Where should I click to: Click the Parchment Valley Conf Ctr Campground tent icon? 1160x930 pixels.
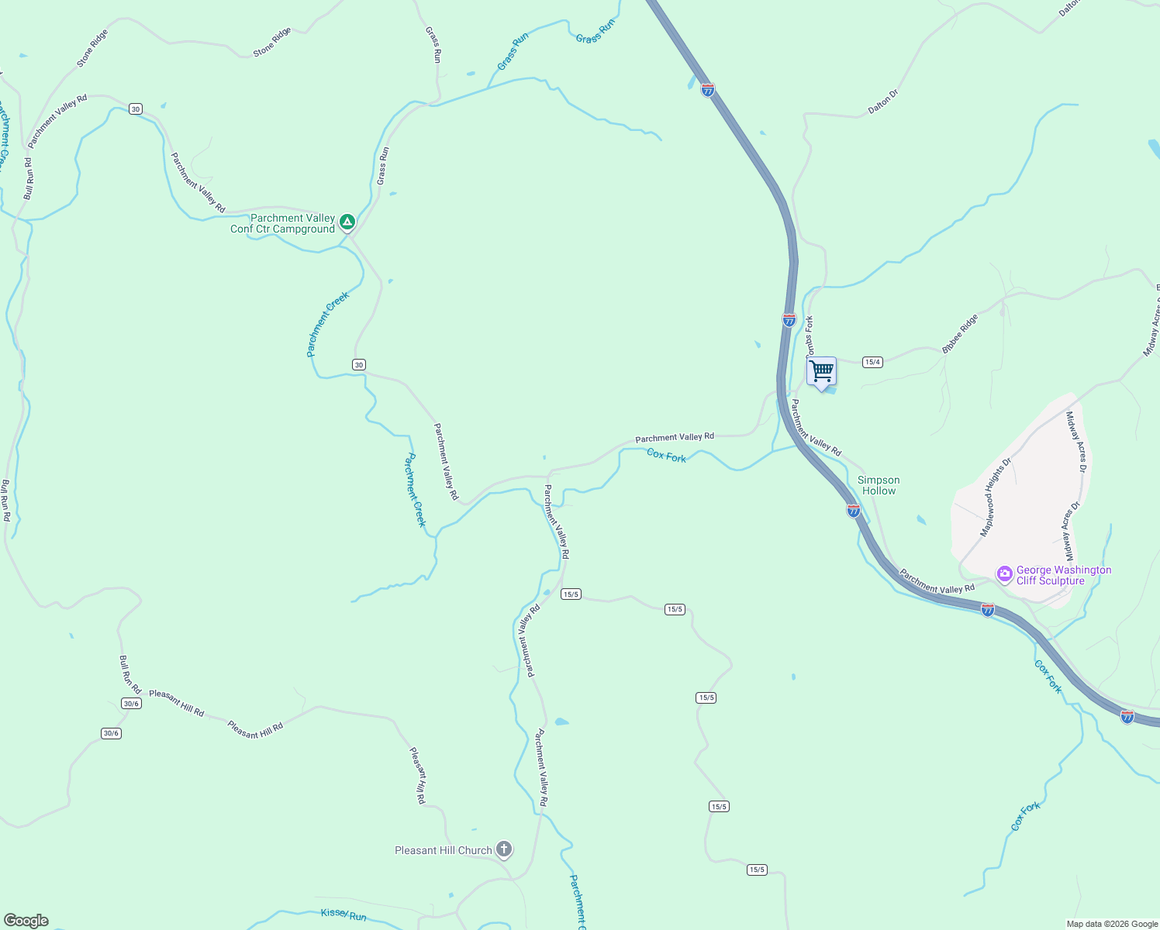347,223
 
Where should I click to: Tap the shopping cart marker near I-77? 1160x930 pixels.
821,371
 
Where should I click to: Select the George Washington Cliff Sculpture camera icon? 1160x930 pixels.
1005,575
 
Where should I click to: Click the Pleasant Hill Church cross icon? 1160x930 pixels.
504,850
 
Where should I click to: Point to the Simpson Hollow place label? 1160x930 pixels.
879,485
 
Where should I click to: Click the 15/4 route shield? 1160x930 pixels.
872,362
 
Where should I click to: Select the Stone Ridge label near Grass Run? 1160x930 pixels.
272,42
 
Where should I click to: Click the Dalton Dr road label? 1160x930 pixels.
883,102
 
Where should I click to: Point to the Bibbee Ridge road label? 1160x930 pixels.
960,334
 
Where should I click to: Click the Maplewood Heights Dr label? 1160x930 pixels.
996,497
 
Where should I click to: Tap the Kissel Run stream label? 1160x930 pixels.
344,914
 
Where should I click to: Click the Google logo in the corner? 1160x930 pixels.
26,921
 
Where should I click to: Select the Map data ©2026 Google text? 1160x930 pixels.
1112,924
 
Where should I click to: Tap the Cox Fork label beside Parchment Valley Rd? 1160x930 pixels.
666,456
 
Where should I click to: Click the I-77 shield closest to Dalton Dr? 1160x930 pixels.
707,90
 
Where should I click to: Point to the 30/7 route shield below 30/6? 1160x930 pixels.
111,733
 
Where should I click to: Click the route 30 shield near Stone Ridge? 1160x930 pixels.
136,109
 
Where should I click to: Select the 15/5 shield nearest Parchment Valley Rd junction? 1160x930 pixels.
571,594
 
